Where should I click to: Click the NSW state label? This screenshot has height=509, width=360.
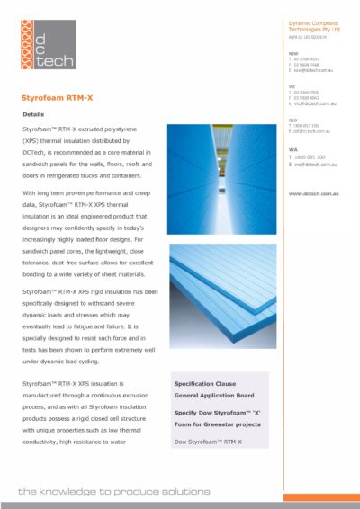pos(292,52)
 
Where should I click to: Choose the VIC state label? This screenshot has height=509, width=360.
pos(292,86)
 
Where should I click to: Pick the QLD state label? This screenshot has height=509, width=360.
pos(292,120)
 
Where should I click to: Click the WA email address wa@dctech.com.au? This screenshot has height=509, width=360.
pos(315,164)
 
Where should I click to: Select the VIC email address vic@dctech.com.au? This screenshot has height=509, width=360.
pos(315,105)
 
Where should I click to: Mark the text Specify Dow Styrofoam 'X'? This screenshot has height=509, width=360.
pos(216,411)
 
